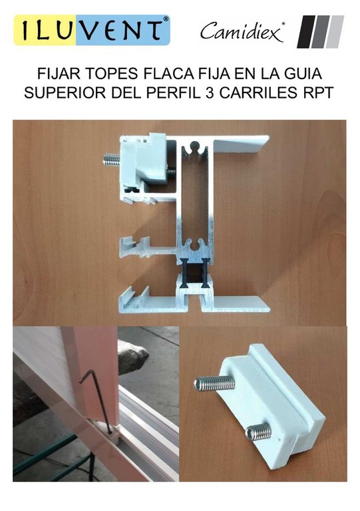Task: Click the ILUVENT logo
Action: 92,30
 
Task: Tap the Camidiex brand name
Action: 242,32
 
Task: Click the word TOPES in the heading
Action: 111,74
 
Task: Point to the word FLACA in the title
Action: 168,74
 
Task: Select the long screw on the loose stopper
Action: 215,383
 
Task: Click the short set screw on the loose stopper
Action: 259,432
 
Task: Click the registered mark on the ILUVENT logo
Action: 166,19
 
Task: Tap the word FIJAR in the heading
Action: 59,74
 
